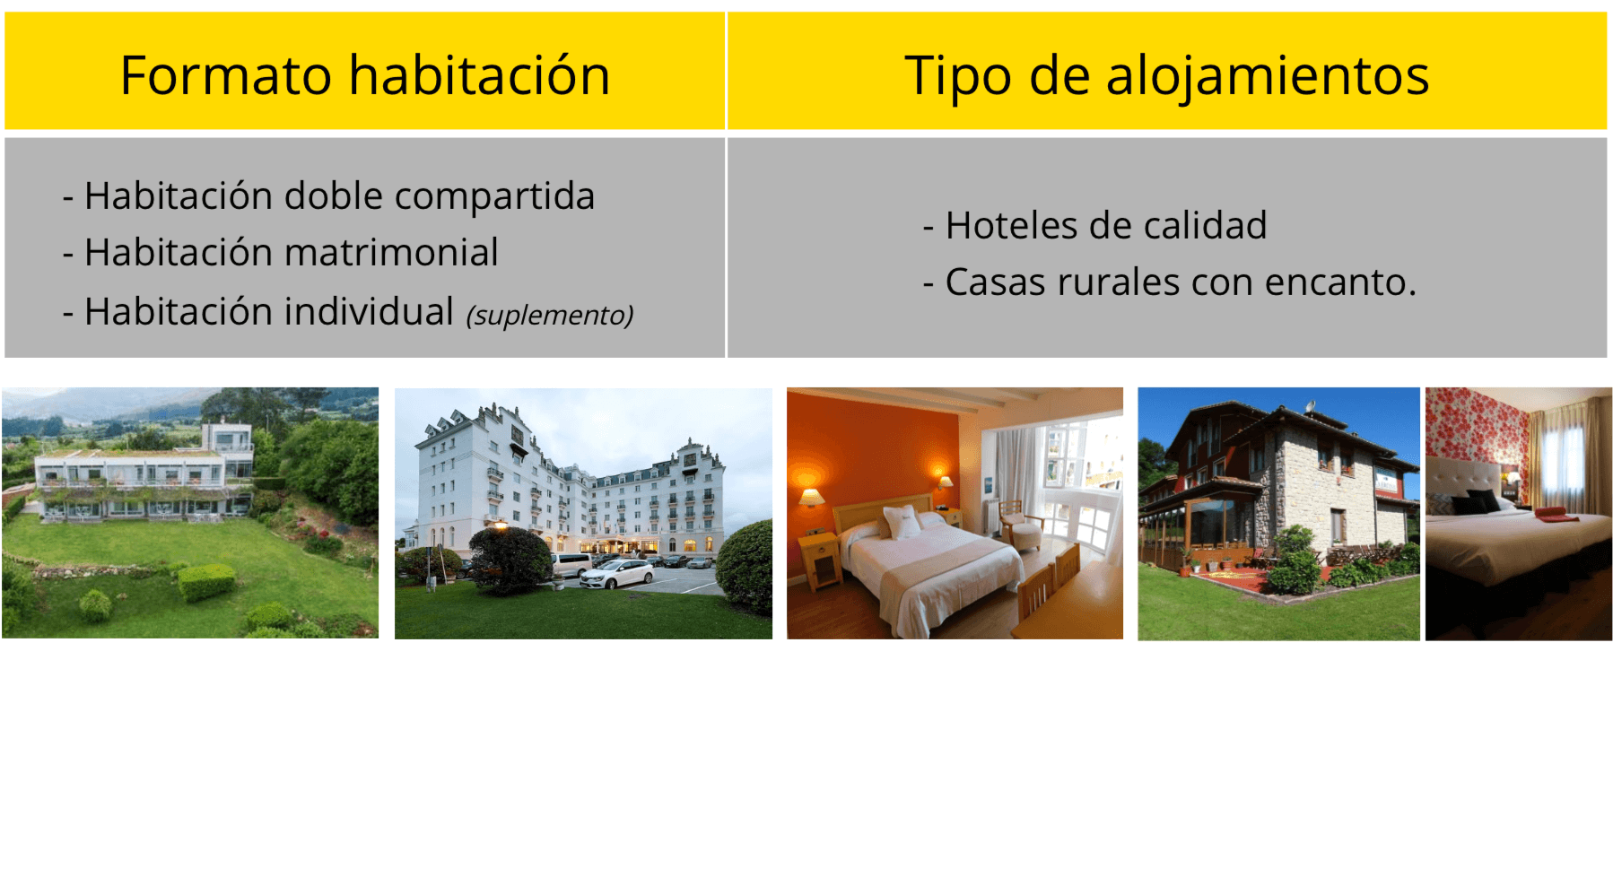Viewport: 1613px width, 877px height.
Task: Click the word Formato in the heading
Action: [226, 75]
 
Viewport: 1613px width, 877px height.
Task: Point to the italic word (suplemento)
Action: [550, 315]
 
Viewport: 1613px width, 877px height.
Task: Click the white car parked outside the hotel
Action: [616, 574]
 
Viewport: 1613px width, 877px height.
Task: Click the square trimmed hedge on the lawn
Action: [206, 582]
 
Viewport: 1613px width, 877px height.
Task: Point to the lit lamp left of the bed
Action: [811, 499]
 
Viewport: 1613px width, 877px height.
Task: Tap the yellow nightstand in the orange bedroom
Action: [819, 560]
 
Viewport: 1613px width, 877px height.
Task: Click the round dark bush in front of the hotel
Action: [510, 560]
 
